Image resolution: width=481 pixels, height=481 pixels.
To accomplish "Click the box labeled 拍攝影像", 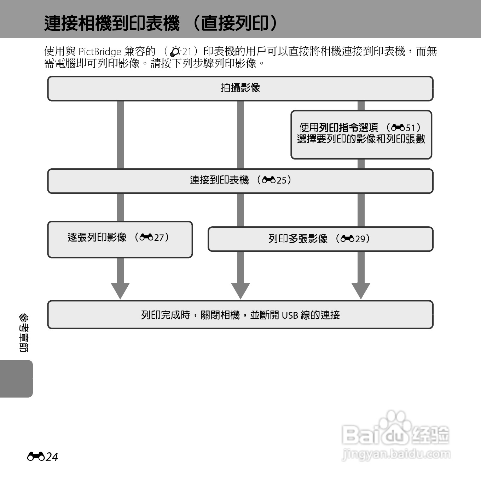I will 240,88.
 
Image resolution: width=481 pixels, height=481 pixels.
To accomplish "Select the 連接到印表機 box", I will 240,181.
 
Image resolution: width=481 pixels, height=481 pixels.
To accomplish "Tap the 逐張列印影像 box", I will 120,239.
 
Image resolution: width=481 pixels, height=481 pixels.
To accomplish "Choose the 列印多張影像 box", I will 320,239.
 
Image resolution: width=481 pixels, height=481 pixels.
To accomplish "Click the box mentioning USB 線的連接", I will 240,314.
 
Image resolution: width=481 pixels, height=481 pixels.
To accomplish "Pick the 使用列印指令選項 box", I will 361,134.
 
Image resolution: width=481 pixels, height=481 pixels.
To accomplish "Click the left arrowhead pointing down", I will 120,290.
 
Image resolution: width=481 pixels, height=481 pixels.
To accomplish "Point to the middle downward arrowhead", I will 240,290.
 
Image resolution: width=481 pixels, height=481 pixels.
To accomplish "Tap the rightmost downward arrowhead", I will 361,290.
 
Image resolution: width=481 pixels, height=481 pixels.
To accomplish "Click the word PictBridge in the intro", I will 100,52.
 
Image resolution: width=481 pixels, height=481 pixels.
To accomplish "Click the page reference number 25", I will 281,180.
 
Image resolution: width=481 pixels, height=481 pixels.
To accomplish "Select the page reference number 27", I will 159,237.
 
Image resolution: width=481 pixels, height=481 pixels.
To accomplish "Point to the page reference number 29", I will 360,239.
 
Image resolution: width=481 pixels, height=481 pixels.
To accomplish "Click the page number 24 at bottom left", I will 52,457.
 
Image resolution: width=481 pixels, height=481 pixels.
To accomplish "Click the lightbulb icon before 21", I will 175,52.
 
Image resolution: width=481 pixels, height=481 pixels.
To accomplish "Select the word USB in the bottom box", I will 290,315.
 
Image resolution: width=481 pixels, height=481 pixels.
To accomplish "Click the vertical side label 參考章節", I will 24,333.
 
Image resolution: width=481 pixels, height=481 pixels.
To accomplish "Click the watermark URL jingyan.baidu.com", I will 396,454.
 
